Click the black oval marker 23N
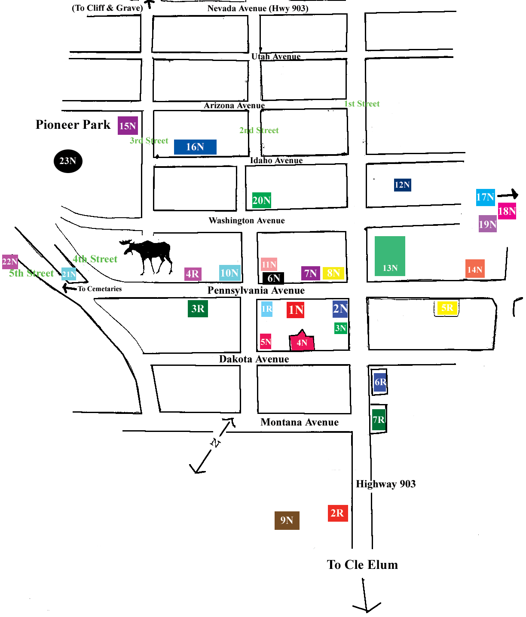tap(68, 161)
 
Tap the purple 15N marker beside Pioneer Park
tap(128, 126)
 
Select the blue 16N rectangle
tap(195, 147)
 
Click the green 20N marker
tap(261, 200)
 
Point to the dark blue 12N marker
tap(402, 185)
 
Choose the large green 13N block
tap(390, 256)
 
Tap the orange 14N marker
tap(475, 269)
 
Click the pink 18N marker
tap(507, 211)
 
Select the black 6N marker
tap(273, 278)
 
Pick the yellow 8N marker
tap(333, 273)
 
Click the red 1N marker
tap(296, 310)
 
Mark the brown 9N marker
tap(287, 520)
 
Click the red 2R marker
tap(337, 513)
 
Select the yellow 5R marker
tap(447, 308)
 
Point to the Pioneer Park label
tap(73, 125)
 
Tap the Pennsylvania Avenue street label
tap(256, 291)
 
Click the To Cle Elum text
tap(362, 565)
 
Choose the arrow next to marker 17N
tap(508, 195)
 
